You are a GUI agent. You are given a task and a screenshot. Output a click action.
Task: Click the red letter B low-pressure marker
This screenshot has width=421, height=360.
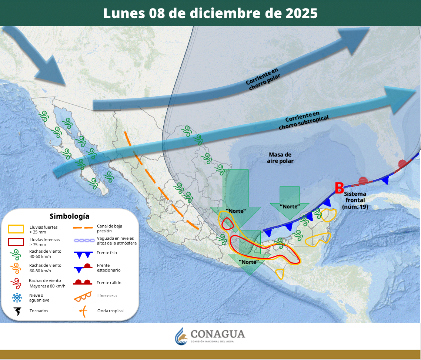[x=339, y=188]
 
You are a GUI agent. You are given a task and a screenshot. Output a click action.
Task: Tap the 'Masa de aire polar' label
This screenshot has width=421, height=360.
[x=280, y=158]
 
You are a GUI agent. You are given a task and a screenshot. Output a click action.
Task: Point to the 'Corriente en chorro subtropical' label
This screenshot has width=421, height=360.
[x=304, y=120]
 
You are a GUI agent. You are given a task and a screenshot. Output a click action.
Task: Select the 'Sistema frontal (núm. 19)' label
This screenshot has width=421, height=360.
[x=355, y=200]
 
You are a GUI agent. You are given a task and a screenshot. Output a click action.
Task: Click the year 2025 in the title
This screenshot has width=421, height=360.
[x=301, y=13]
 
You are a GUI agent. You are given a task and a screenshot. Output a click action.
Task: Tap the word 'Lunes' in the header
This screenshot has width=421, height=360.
[x=124, y=13]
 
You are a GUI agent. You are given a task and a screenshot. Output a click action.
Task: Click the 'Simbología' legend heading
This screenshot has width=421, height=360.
[x=70, y=216]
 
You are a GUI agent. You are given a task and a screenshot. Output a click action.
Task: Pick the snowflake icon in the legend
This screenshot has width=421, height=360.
[x=17, y=297]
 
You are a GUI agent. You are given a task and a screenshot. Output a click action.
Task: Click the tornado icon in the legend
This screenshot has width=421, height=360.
[x=17, y=311]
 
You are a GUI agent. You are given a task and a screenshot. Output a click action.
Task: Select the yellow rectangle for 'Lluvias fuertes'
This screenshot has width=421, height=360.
[x=17, y=229]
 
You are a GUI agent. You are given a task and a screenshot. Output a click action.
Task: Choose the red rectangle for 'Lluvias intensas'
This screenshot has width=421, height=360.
[x=17, y=242]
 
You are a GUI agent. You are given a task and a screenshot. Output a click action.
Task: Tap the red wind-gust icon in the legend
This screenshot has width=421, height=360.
[x=17, y=283]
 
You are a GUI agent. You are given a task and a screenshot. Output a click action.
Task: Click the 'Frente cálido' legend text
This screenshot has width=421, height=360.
[x=109, y=283]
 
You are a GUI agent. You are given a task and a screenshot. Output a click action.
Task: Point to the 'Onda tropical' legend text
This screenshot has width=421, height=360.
[x=110, y=311]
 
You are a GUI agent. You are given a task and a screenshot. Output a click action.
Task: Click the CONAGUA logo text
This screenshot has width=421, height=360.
[x=218, y=334]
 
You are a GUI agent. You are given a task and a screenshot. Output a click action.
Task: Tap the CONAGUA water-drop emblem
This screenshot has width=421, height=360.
[x=181, y=336]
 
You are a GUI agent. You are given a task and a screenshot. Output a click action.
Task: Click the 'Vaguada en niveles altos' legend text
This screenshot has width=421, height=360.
[x=115, y=240]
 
